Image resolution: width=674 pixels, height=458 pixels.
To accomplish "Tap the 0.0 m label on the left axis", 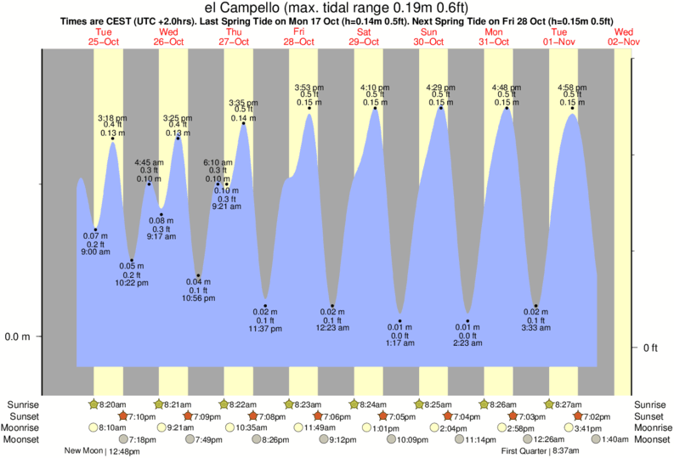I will coord(17,336).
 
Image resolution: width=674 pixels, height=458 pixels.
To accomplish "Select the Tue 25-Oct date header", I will coord(103,36).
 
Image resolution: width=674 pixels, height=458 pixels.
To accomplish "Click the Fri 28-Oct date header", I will coord(298,36).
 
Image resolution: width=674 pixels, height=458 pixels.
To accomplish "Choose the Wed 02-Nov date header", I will coord(624,36).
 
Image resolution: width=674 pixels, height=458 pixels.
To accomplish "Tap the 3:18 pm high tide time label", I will coord(113,117).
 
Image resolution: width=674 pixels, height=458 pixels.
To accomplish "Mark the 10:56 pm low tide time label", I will coord(198,298).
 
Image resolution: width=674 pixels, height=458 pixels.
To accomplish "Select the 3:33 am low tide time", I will coord(536,327).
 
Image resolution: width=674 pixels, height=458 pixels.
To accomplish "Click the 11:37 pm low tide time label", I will coord(265,328).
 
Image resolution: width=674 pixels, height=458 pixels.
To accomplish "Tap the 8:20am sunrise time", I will coord(111,404).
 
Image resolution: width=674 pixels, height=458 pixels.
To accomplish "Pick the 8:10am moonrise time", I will coord(111,427).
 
